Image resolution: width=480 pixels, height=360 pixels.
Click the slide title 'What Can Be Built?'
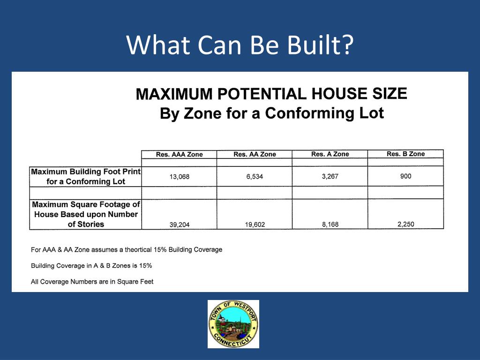coord(240,45)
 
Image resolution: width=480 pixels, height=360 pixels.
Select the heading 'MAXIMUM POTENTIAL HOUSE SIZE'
coord(271,94)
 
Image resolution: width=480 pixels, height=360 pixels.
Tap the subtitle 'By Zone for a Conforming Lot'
coord(271,113)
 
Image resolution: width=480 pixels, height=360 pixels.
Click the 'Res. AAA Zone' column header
coord(179,154)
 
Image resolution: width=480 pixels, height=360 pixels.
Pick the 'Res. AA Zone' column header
coord(255,154)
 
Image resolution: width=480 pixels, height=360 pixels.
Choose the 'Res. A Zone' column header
coord(330,154)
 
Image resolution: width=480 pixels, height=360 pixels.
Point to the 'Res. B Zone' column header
coord(405,154)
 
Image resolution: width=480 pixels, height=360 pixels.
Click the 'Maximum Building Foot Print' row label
coord(86,176)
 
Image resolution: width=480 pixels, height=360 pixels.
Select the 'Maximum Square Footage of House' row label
coord(86,214)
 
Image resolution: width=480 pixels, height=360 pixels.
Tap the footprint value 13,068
coord(179,177)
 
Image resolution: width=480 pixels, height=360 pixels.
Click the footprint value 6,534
coord(255,177)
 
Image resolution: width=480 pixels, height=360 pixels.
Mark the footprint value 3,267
coord(330,177)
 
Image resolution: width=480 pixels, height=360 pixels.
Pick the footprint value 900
coord(406,176)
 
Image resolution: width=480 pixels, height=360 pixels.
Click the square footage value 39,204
coord(180,225)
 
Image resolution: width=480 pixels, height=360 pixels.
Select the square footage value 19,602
coord(255,225)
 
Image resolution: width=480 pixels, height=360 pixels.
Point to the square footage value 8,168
coord(330,225)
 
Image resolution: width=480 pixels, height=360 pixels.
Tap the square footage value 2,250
coord(406,224)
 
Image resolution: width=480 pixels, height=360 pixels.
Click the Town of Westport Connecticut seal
coord(233,324)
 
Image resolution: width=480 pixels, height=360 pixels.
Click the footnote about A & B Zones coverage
coord(91,266)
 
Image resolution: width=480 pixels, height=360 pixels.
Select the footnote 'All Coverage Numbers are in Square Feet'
coord(92,282)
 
